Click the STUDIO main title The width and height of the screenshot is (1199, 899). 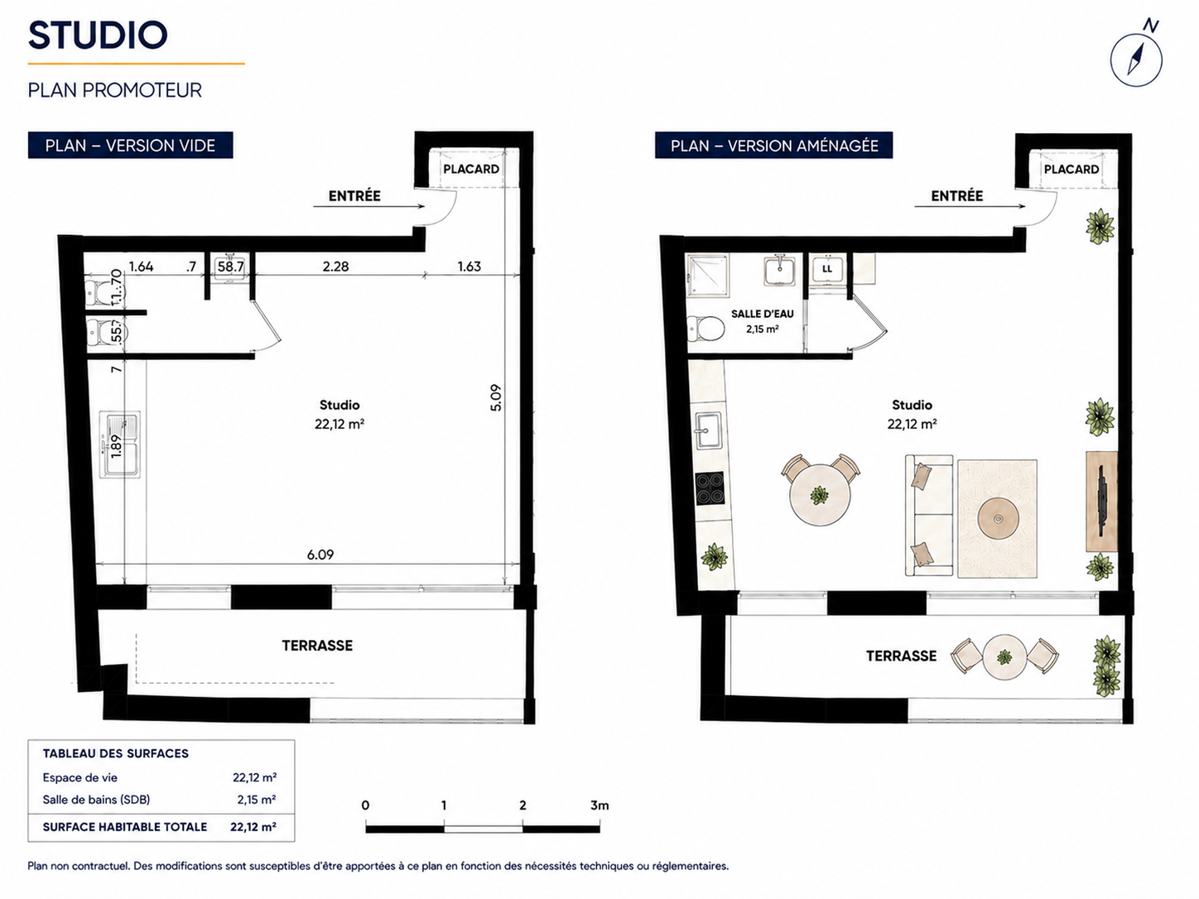98,35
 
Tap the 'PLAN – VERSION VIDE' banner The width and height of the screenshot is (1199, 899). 131,145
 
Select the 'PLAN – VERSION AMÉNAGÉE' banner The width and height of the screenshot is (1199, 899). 774,145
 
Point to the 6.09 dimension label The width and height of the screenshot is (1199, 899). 320,555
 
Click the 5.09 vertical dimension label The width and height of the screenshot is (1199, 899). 495,398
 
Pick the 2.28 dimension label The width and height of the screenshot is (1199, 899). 335,267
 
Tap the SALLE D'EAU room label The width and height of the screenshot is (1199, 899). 763,314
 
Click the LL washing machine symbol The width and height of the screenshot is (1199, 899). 827,268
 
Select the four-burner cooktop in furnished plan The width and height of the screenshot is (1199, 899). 710,488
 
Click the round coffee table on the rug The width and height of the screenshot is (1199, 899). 998,519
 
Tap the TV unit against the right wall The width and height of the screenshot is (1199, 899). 1101,502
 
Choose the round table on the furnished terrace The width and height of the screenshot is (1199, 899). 1004,657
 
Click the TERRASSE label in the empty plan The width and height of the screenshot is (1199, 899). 317,646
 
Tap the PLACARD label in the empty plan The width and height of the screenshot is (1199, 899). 471,169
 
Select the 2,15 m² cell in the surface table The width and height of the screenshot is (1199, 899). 257,800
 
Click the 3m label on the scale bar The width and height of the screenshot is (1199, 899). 599,805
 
